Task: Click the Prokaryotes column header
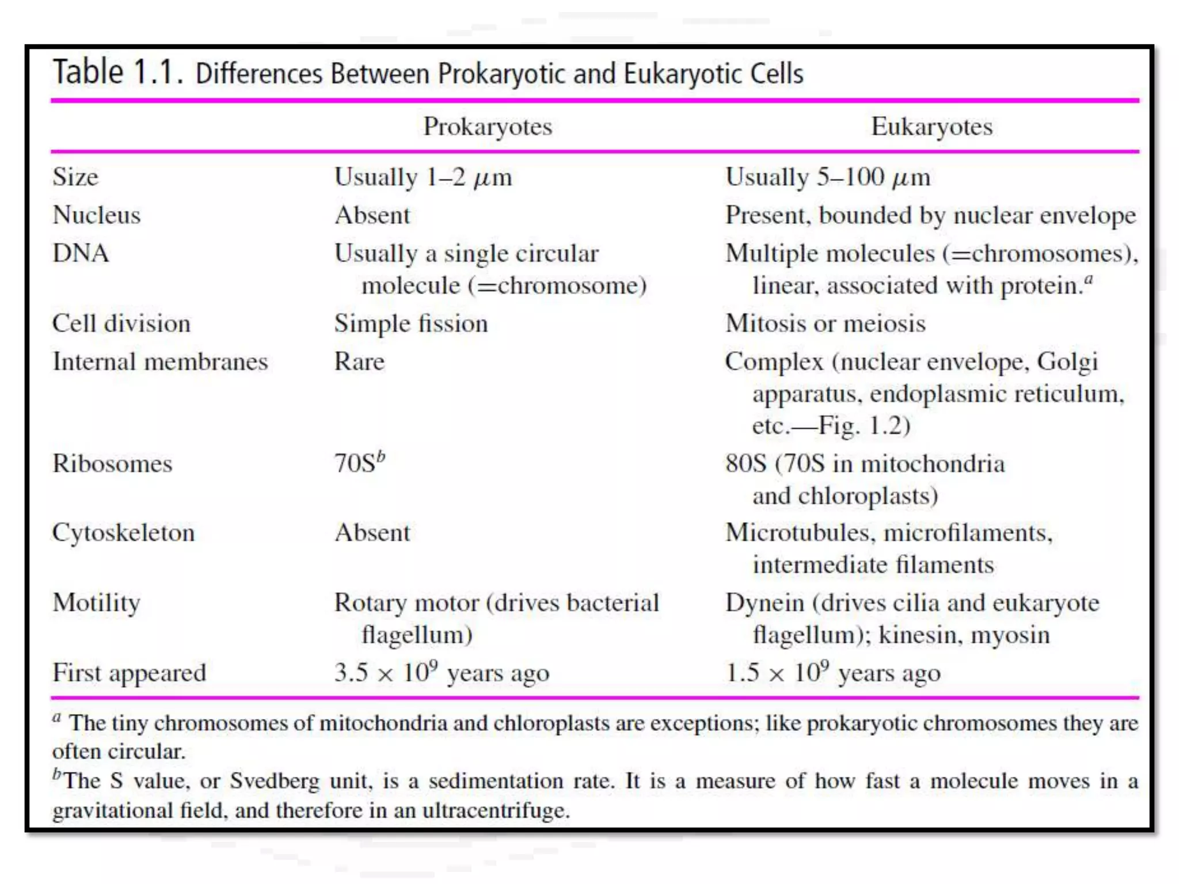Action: tap(488, 127)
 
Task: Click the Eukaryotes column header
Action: tap(931, 127)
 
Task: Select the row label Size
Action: tap(75, 177)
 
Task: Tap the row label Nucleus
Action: tap(97, 215)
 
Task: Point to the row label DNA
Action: tap(81, 253)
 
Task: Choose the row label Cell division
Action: tap(121, 323)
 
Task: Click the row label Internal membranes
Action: tap(160, 362)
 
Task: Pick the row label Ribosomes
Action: tap(112, 464)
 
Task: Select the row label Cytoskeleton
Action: tap(124, 533)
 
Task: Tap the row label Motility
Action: tap(97, 603)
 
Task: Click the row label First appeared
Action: tap(130, 673)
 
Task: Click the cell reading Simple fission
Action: tap(411, 323)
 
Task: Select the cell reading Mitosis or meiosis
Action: tap(826, 323)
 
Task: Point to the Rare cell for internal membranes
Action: tap(359, 362)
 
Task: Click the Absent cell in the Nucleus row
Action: tap(372, 215)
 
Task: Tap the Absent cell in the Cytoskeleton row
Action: tap(372, 533)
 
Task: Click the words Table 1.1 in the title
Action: tap(118, 73)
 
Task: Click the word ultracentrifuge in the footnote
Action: tap(496, 810)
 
